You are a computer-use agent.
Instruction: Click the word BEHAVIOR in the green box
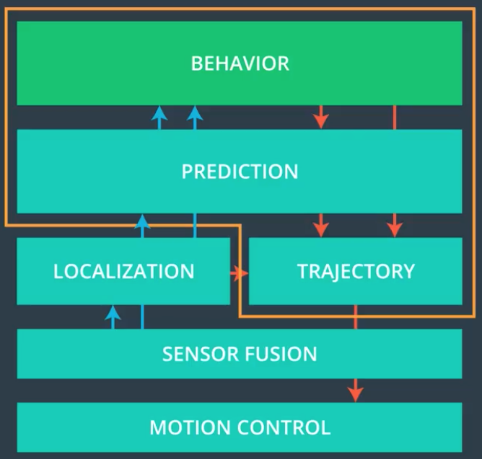(240, 63)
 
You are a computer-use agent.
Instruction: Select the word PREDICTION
(240, 172)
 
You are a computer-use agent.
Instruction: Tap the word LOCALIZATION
(123, 272)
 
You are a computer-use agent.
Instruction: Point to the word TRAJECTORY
(356, 272)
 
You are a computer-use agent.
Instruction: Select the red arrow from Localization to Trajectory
(239, 273)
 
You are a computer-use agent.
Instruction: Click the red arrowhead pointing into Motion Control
(355, 394)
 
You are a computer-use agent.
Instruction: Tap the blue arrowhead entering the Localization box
(113, 313)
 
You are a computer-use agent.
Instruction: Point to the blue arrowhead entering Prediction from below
(142, 220)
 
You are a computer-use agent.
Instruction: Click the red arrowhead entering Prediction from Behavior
(321, 121)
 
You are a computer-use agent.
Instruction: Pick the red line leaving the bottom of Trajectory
(355, 317)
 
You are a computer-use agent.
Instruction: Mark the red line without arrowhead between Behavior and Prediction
(395, 117)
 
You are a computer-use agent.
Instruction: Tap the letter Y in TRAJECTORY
(409, 272)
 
